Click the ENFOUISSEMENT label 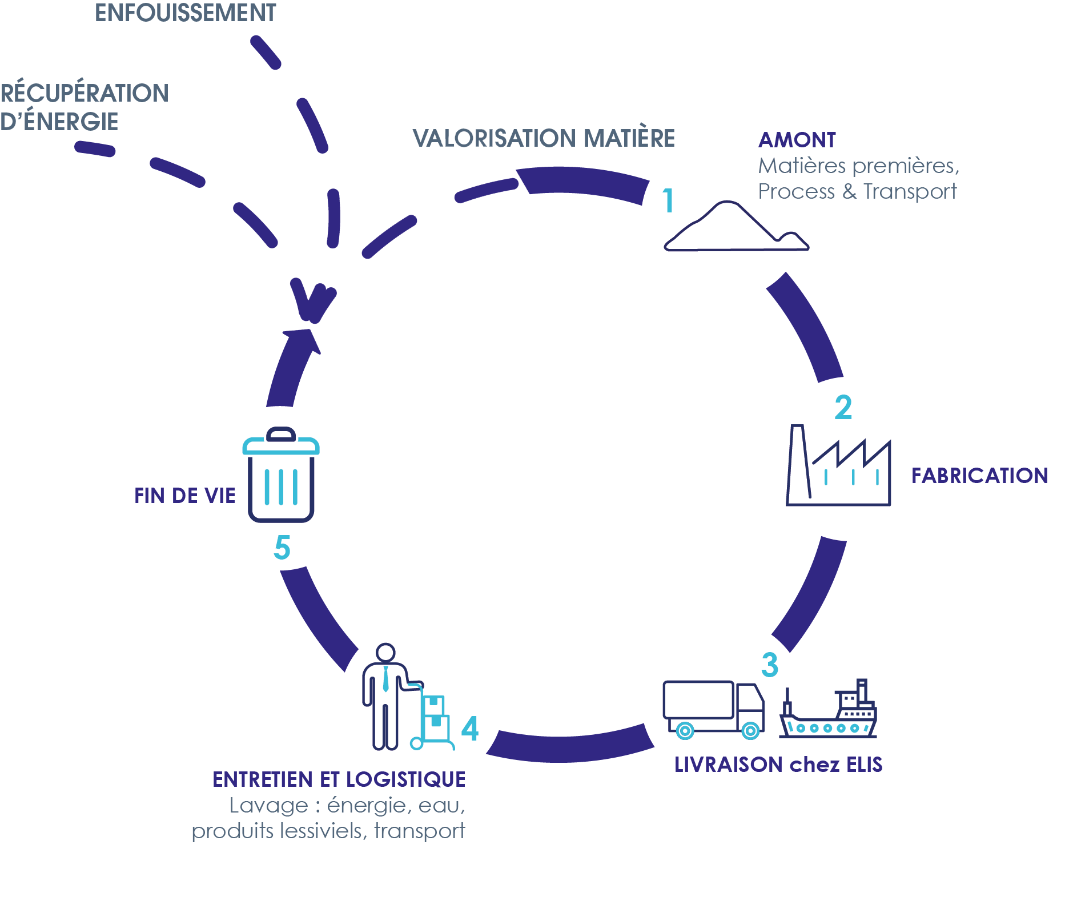coord(186,13)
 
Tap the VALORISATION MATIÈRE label coord(544,138)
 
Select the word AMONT coord(797,140)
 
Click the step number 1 coord(668,201)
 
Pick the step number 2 coord(843,408)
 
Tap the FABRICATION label coord(979,476)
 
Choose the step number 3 coord(769,665)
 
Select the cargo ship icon coord(829,711)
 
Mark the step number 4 coord(469,729)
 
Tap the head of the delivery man coord(386,653)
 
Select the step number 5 coord(282,548)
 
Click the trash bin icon coord(280,475)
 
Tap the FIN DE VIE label coord(184,496)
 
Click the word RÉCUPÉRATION coord(85,93)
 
